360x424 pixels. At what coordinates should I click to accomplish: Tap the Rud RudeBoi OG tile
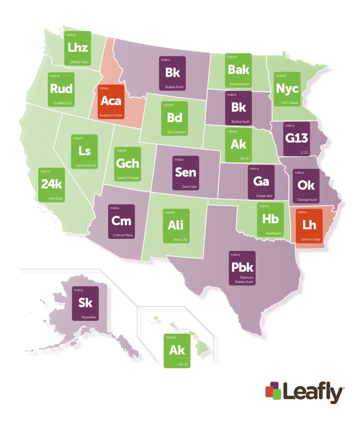point(61,89)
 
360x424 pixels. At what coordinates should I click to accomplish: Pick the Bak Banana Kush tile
point(238,70)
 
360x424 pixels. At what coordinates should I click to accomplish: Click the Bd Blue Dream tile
point(175,118)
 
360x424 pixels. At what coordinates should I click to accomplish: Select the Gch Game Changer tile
point(128,164)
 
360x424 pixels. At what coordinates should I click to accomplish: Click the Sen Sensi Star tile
point(186,173)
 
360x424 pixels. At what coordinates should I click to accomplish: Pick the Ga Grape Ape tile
point(261,182)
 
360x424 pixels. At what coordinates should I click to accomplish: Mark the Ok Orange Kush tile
point(306,185)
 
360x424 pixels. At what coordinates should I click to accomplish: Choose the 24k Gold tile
point(52,185)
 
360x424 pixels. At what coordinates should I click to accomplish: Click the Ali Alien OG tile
point(176,226)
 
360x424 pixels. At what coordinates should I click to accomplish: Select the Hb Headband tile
point(270,220)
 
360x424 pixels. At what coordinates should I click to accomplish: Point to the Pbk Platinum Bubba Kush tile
point(242,268)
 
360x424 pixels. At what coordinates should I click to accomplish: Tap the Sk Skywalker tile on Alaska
point(85,303)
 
